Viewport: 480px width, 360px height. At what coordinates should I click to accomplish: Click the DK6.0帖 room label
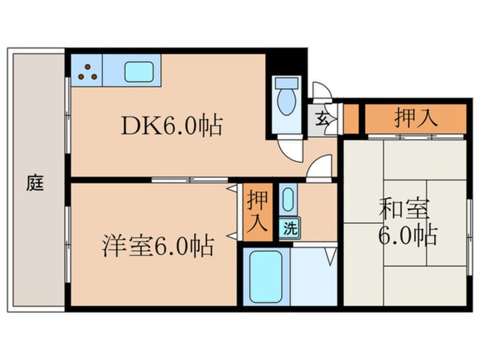[171, 125]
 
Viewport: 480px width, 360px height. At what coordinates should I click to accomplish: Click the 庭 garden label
[35, 183]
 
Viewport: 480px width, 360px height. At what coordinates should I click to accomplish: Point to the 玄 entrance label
[322, 119]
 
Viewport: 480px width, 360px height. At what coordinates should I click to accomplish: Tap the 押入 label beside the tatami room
[415, 119]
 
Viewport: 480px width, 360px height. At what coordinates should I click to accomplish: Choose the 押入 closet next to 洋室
[258, 211]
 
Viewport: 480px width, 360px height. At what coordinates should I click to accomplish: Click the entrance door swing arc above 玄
[321, 91]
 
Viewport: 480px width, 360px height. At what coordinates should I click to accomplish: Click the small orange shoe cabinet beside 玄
[352, 119]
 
